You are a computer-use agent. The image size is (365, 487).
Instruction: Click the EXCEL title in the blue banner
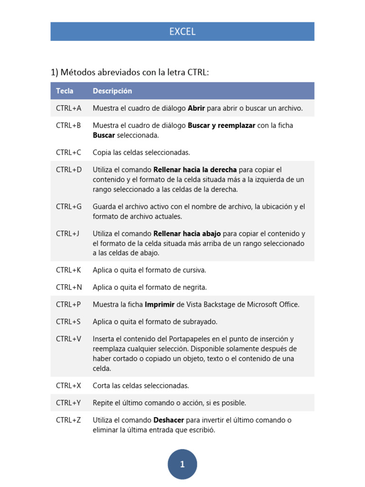(182, 32)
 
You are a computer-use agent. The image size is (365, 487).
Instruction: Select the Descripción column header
(112, 91)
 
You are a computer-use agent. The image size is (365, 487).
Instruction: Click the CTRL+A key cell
(68, 108)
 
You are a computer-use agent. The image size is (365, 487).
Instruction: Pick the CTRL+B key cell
(68, 126)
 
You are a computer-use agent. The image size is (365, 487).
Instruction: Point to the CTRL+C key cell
(68, 153)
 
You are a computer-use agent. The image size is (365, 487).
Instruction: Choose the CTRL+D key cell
(69, 170)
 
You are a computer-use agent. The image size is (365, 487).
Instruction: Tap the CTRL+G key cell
(69, 206)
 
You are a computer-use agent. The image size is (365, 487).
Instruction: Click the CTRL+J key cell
(67, 234)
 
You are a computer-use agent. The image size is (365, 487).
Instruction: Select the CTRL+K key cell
(68, 270)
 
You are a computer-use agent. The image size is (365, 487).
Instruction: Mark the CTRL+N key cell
(69, 287)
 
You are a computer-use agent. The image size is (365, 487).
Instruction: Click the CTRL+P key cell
(68, 304)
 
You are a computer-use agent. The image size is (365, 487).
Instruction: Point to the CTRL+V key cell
(68, 339)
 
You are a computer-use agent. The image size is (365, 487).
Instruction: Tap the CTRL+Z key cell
(68, 420)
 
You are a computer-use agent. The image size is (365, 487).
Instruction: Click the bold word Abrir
(196, 108)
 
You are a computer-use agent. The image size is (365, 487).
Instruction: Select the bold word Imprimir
(160, 304)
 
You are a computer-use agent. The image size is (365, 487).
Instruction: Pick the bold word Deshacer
(169, 420)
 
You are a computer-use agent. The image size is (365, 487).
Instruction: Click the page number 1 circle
(182, 464)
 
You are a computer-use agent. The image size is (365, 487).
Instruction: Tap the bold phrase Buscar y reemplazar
(221, 126)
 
